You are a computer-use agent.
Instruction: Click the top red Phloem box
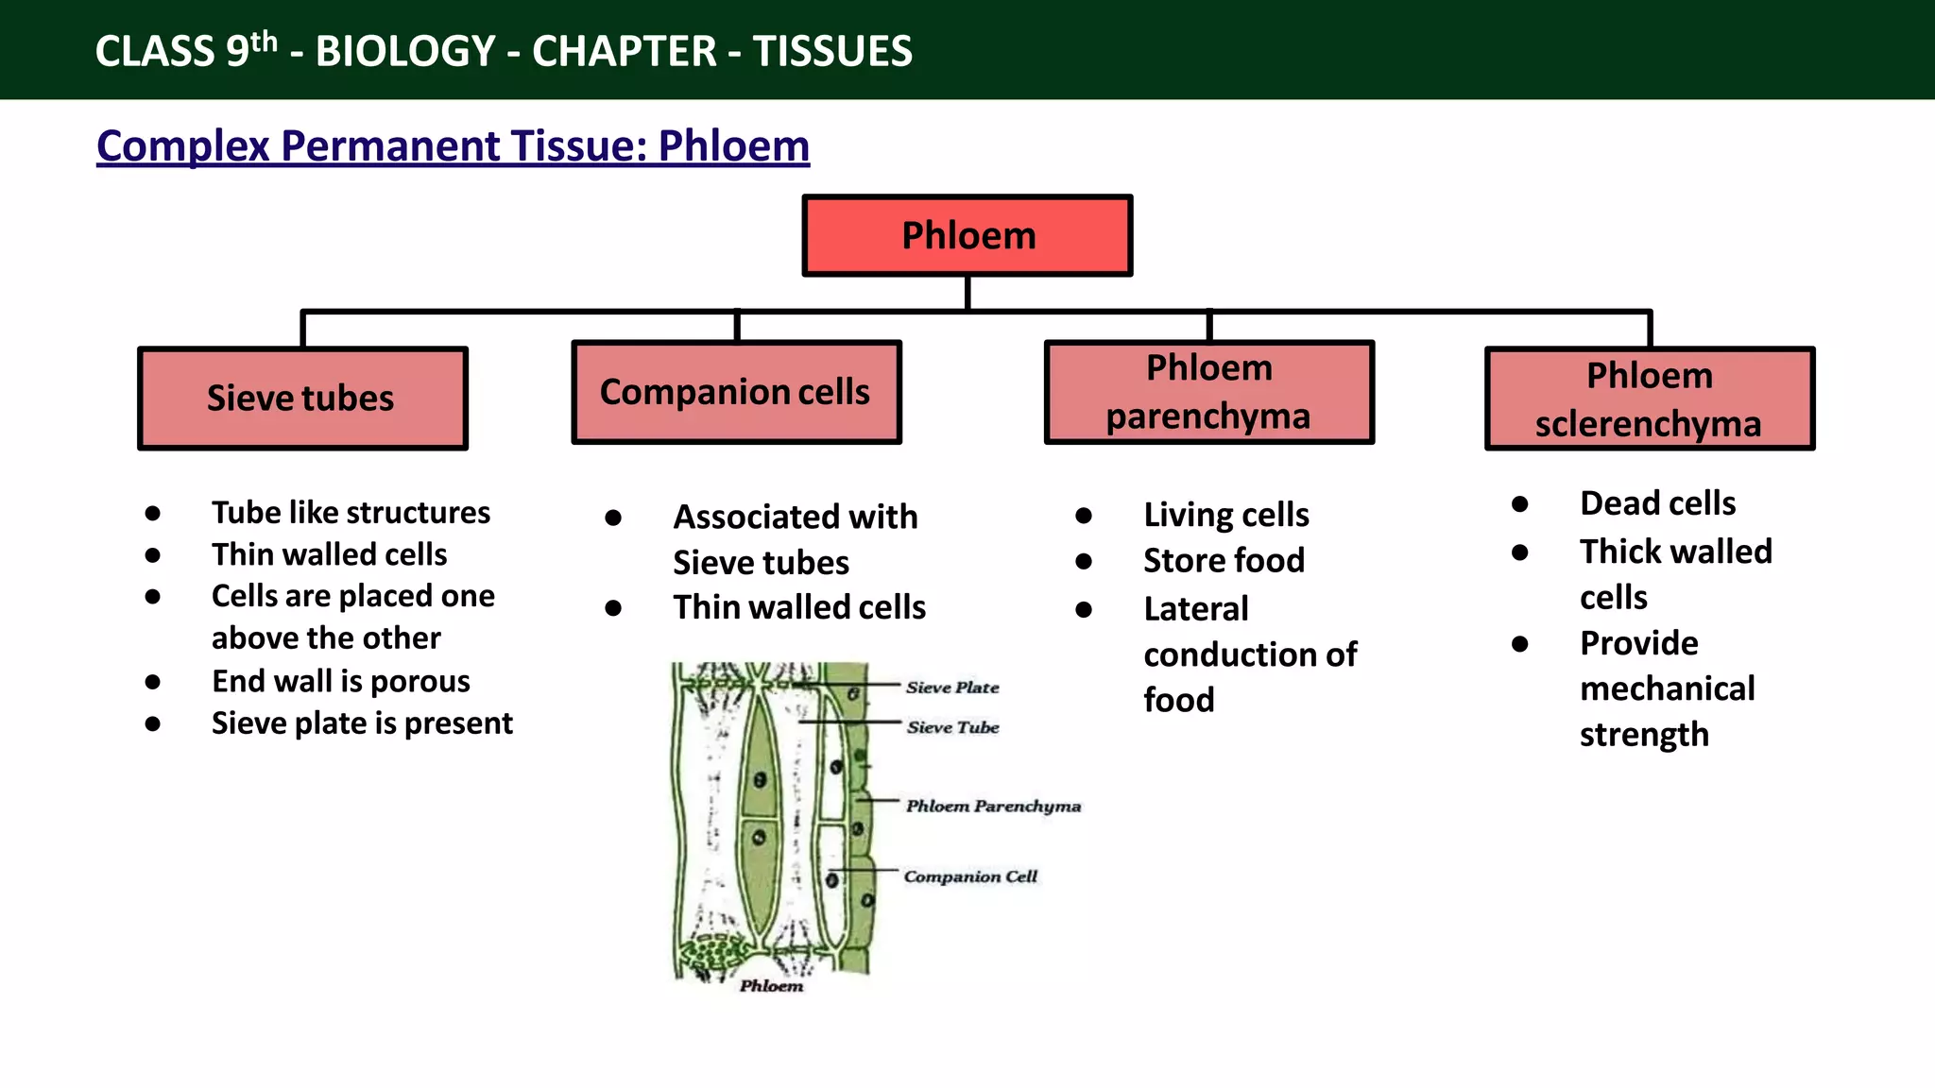point(967,235)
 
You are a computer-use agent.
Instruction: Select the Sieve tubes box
point(302,398)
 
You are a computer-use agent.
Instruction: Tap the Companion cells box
point(736,392)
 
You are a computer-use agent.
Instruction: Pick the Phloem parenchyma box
point(1208,392)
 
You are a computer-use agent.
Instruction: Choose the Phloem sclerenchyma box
point(1649,399)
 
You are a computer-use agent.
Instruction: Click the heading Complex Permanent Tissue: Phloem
point(453,146)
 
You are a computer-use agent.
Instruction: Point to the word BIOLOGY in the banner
point(405,51)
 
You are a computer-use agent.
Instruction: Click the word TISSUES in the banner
point(832,51)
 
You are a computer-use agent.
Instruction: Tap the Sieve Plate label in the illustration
point(952,688)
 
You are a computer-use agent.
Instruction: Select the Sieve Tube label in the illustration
point(952,727)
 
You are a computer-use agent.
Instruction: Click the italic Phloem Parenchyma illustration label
point(993,806)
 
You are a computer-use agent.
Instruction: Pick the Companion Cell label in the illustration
point(970,876)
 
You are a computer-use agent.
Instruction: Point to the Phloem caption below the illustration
point(771,986)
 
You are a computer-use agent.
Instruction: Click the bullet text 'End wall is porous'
point(340,681)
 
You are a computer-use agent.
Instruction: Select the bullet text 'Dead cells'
point(1657,503)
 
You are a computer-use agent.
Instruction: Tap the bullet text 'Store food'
point(1224,560)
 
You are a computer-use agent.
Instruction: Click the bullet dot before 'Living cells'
point(1084,516)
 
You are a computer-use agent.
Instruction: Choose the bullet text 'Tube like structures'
point(351,513)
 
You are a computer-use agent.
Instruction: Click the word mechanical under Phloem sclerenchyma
point(1667,688)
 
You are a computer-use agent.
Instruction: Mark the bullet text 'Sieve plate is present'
point(362,723)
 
